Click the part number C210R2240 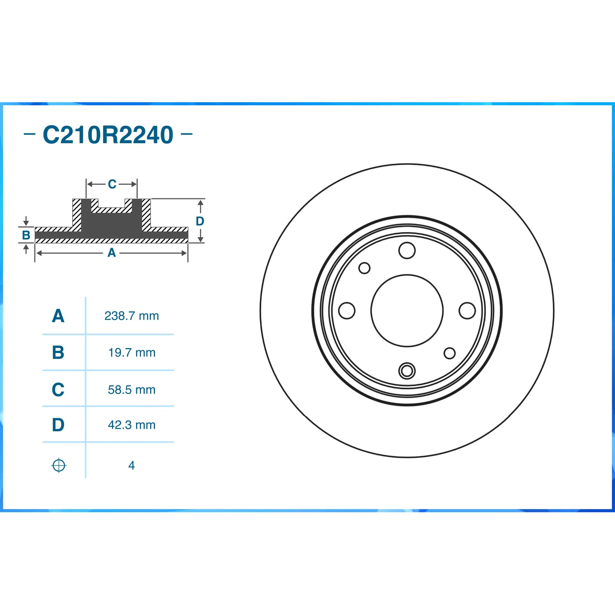click(108, 135)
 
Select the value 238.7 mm click(131, 316)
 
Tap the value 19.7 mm click(131, 352)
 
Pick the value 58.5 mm click(131, 390)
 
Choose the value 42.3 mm click(131, 425)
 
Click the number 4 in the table click(131, 466)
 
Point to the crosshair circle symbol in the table click(59, 466)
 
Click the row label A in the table click(58, 316)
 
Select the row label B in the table click(58, 352)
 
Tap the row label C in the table click(58, 390)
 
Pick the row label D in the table click(58, 425)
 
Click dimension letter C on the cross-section click(112, 184)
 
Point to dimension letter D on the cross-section click(200, 221)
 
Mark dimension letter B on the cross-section click(26, 235)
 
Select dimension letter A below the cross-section click(111, 253)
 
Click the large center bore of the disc click(407, 310)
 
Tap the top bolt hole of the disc click(407, 250)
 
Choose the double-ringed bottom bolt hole click(407, 371)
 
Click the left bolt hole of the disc click(346, 310)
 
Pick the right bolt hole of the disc click(467, 310)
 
